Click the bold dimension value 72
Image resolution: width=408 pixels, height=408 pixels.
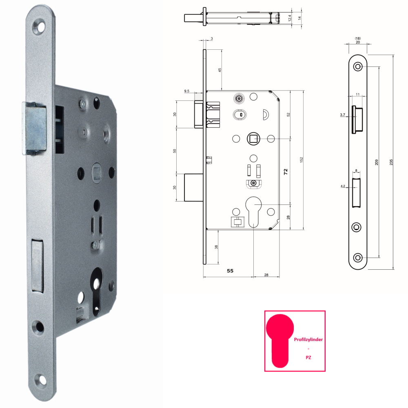286,172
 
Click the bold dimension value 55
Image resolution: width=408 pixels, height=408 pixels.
230,271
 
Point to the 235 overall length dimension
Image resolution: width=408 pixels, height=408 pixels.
391,162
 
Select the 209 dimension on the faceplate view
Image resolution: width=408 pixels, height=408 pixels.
377,162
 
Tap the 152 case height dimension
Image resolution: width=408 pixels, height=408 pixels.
302,160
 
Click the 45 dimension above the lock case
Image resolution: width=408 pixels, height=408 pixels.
220,70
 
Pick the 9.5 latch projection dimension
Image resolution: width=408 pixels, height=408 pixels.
186,91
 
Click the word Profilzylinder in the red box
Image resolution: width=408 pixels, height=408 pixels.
308,339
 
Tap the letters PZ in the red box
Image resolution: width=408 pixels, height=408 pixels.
308,357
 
